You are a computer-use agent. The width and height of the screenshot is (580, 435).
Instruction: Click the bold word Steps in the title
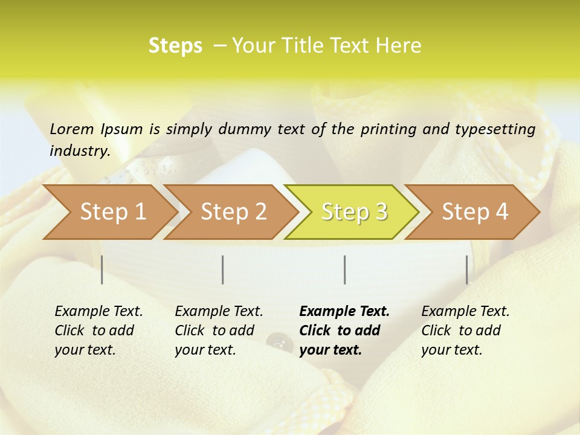tap(175, 46)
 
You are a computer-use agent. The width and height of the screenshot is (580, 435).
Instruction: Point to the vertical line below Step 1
tap(102, 269)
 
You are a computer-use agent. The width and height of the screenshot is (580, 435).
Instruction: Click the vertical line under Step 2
tap(223, 269)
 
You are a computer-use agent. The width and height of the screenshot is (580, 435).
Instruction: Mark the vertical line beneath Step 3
tap(345, 269)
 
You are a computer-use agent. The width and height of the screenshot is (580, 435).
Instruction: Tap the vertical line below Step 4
tap(467, 269)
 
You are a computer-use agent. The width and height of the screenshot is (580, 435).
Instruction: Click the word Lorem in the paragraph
tap(72, 129)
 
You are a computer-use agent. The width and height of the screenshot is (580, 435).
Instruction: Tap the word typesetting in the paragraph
tap(500, 129)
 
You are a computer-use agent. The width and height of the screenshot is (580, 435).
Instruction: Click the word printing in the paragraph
tap(387, 129)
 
